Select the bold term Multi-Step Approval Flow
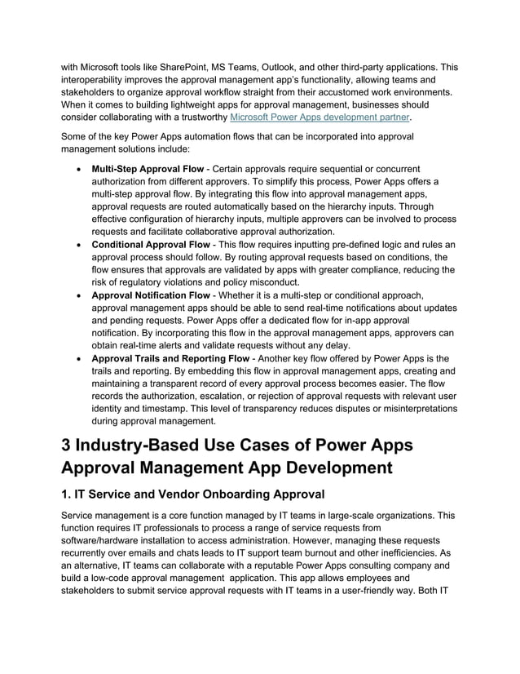click(x=148, y=169)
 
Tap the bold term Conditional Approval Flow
click(x=150, y=245)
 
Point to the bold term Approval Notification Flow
click(x=150, y=295)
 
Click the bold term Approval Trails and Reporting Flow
click(x=170, y=358)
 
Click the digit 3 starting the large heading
click(x=68, y=446)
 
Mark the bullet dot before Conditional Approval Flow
click(x=77, y=245)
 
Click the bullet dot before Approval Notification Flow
click(x=77, y=295)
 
